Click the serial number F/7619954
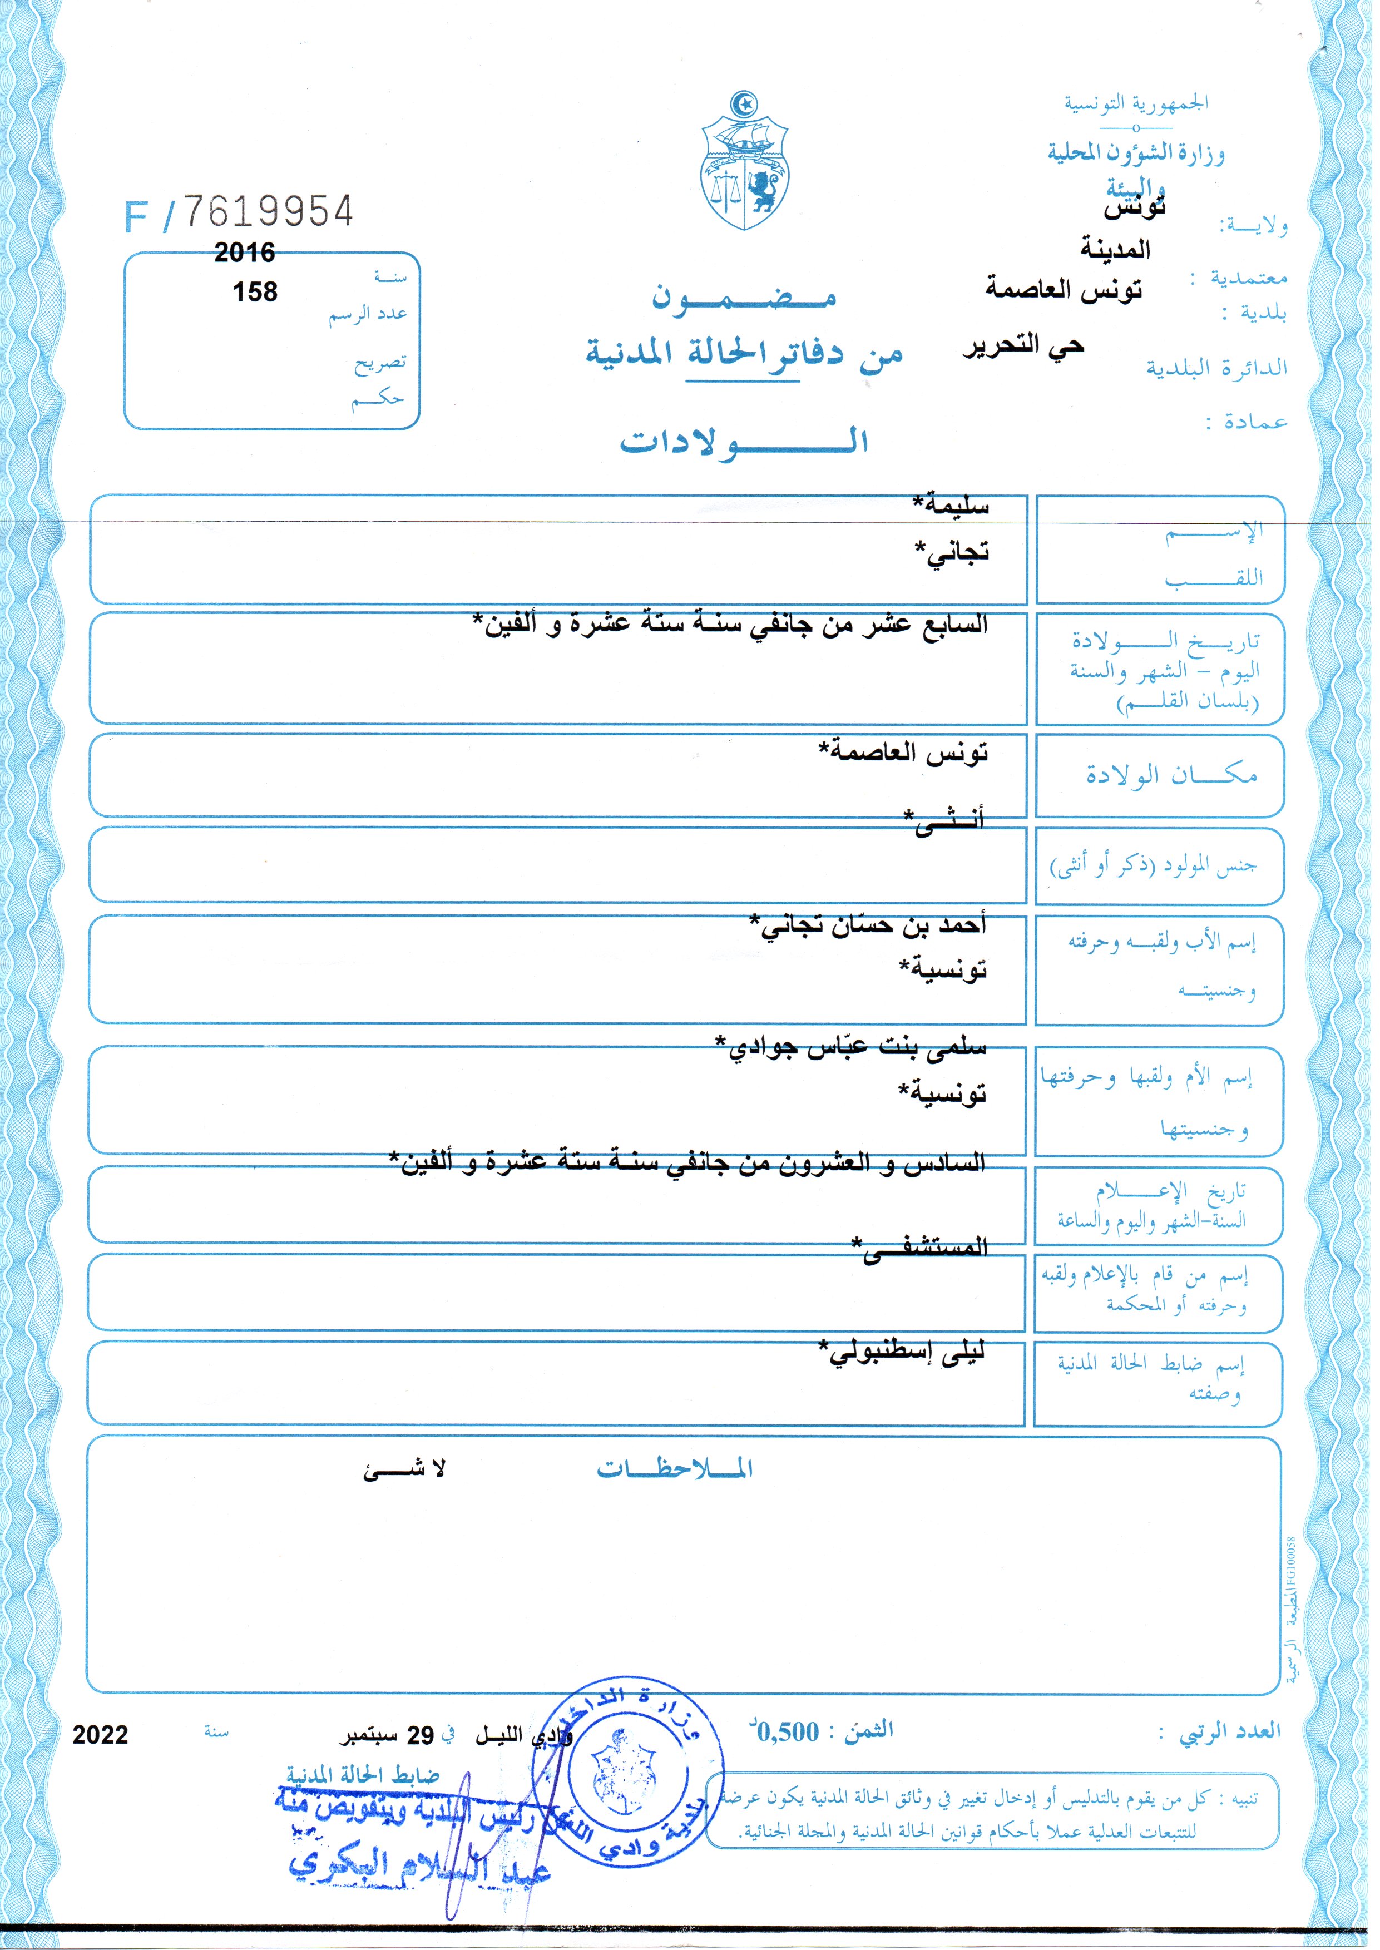point(240,212)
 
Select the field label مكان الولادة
point(1171,775)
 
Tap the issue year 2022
point(100,1735)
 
